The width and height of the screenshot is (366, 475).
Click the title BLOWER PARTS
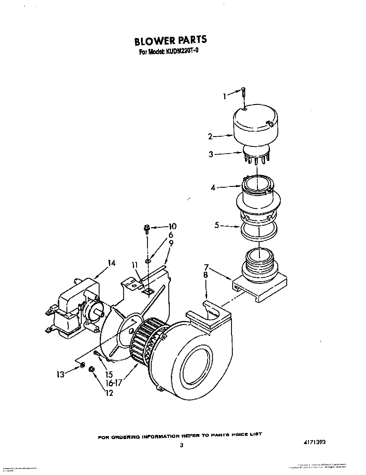(170, 40)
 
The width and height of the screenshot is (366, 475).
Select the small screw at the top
(243, 93)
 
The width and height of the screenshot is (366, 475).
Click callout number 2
(210, 136)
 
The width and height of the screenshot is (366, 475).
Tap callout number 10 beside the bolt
(172, 227)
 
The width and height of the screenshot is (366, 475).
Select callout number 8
(205, 275)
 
